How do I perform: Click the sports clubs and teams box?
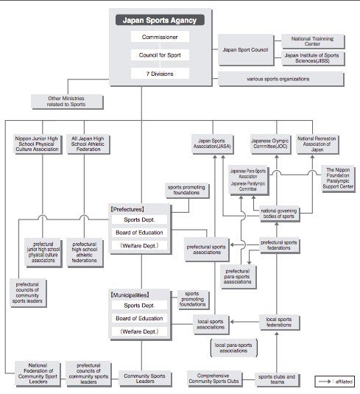[x=280, y=379]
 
